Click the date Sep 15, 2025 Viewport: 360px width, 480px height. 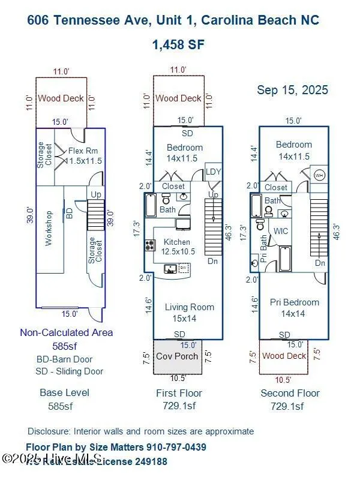292,90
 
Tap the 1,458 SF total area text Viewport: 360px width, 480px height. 178,45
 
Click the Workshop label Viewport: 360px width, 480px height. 49,228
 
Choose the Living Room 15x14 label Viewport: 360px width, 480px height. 189,312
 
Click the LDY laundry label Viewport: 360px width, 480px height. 213,172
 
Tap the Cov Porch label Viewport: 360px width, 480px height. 176,356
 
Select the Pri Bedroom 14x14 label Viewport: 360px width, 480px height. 294,307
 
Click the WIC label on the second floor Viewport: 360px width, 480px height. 281,230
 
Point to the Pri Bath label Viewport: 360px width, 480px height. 263,246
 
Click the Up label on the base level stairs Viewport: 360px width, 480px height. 95,194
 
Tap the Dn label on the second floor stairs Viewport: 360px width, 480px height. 320,263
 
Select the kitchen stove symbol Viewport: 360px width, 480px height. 149,245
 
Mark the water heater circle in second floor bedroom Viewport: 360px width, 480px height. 319,176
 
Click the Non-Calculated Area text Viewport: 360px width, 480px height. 66,332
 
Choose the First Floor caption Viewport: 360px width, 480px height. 178,393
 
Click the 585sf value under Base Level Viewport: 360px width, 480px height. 60,406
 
